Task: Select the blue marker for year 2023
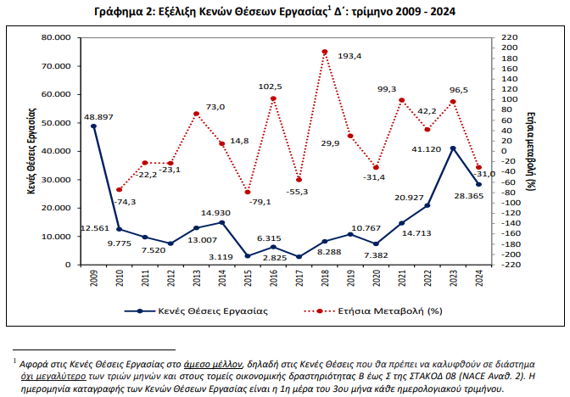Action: point(454,148)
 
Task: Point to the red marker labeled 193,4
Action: point(325,52)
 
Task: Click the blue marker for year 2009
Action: point(93,126)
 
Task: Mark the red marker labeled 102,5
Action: point(273,98)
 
